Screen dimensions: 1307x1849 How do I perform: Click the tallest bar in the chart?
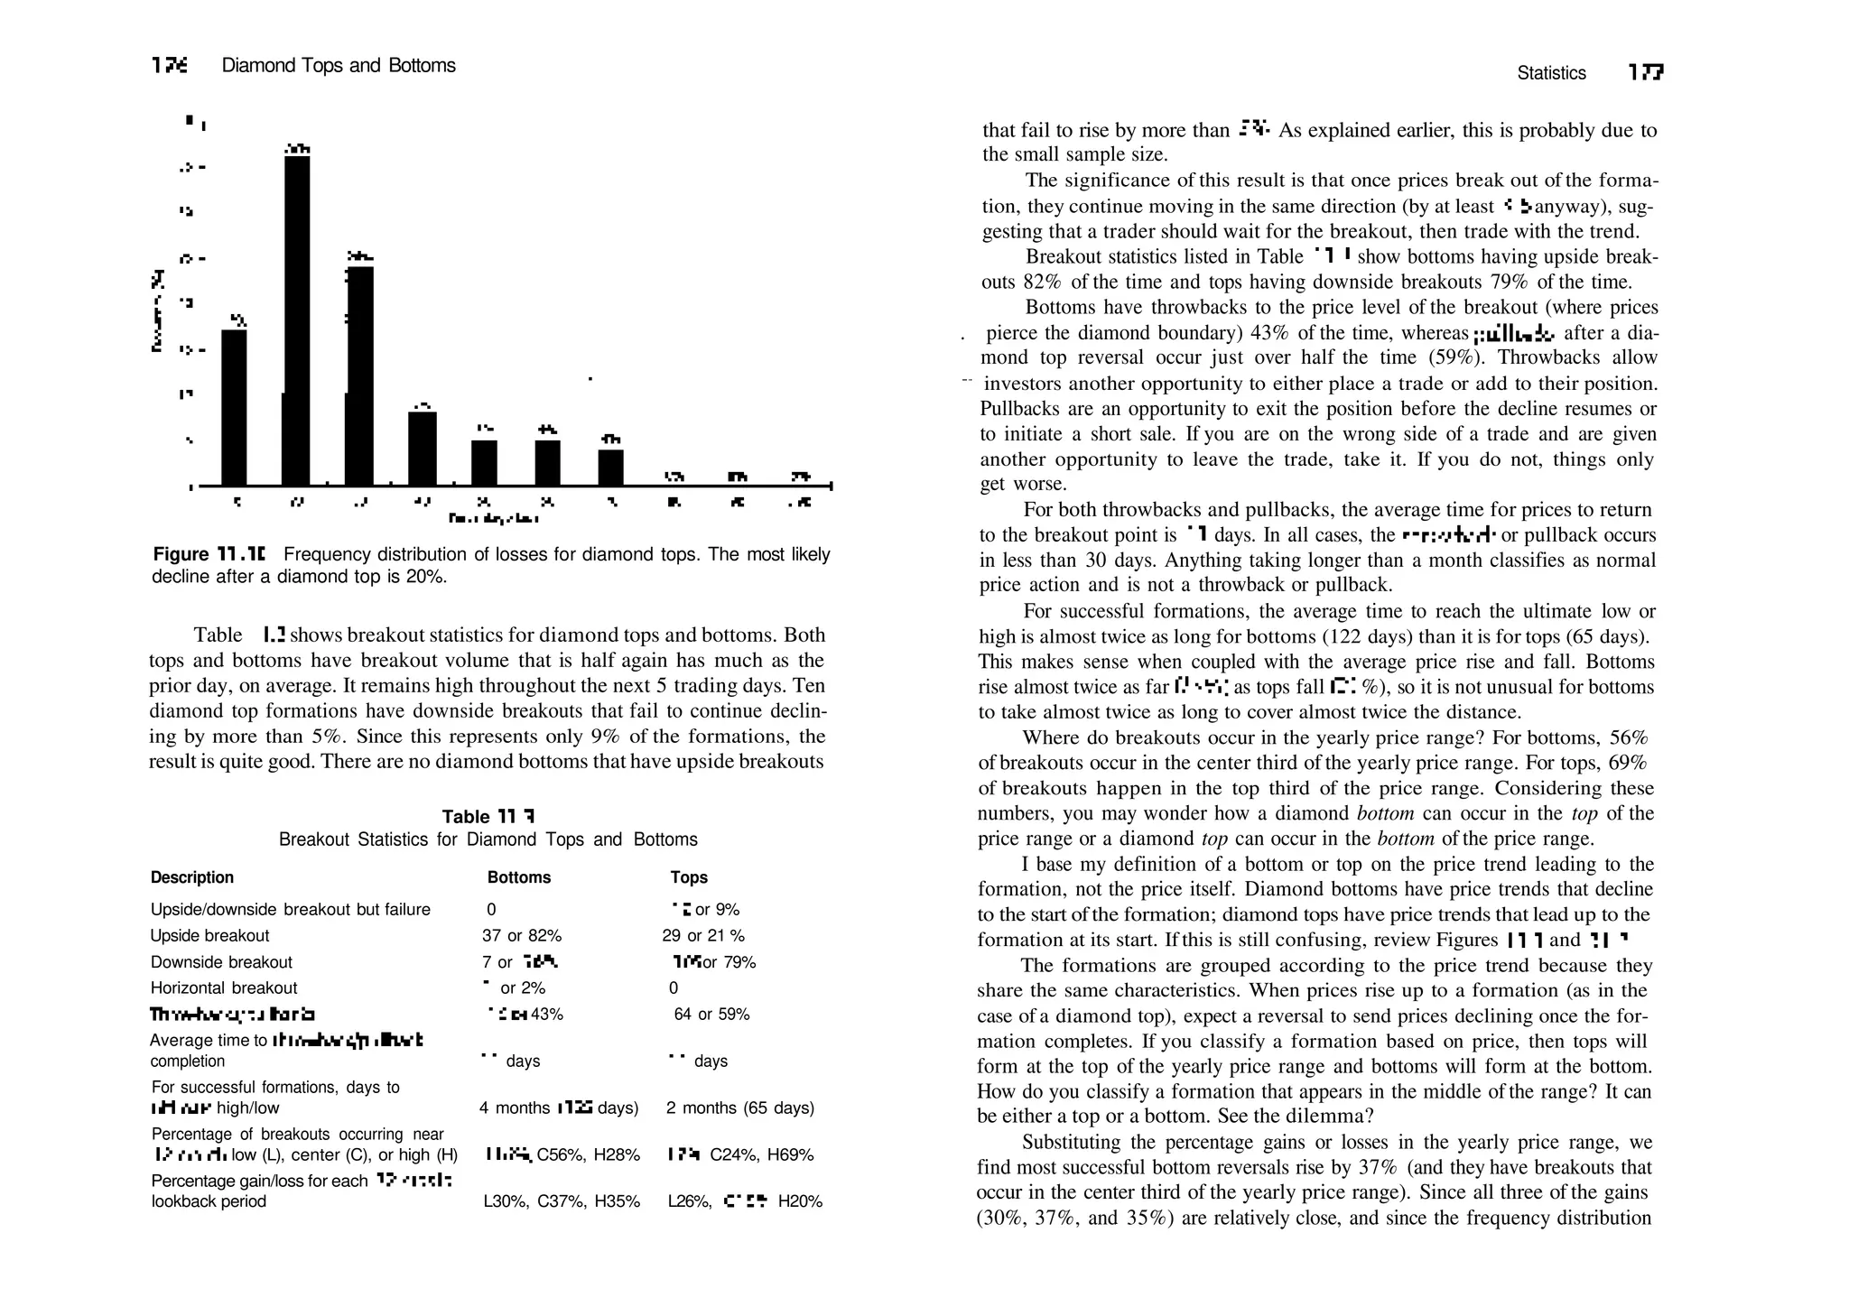[x=297, y=320]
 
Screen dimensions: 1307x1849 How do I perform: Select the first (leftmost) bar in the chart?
[x=234, y=407]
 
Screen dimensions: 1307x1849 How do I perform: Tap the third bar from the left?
[x=360, y=375]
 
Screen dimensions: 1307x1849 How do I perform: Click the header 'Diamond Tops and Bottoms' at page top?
[x=339, y=66]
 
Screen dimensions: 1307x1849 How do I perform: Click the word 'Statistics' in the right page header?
[x=1551, y=73]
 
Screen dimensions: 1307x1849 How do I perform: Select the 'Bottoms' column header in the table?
[x=518, y=877]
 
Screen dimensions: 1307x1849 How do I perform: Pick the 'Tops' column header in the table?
[x=689, y=877]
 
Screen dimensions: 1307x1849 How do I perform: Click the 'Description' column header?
[x=192, y=877]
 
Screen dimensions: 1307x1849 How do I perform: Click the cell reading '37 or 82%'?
[x=522, y=936]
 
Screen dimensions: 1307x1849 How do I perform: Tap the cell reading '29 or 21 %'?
[x=703, y=936]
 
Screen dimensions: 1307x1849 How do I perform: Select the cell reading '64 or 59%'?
[x=711, y=1015]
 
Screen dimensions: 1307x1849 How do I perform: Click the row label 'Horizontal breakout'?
[x=224, y=988]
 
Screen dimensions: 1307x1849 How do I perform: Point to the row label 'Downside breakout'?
[x=221, y=962]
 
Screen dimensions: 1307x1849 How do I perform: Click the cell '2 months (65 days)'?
[x=740, y=1108]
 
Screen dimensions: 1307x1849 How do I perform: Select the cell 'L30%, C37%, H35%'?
[x=562, y=1202]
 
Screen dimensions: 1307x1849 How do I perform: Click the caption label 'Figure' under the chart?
[x=181, y=554]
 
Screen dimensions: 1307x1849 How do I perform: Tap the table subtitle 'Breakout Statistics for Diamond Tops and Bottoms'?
[x=488, y=839]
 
